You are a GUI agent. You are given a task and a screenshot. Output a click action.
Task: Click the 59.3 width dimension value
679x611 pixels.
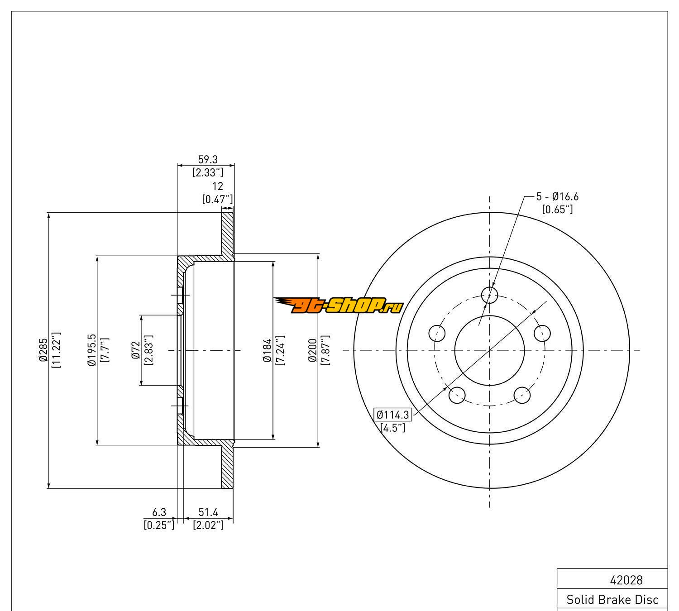[208, 159]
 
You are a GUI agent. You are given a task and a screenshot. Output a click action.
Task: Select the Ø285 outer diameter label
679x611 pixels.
[43, 349]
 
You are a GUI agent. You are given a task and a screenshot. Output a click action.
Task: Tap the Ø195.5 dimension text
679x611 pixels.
[92, 350]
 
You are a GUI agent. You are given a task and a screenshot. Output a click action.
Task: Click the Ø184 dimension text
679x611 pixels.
[268, 350]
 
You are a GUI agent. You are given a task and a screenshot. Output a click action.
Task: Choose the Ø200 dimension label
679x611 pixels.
[312, 350]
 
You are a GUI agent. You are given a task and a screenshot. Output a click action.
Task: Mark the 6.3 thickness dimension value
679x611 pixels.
[159, 512]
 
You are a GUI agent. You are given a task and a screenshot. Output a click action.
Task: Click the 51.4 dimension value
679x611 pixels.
[208, 512]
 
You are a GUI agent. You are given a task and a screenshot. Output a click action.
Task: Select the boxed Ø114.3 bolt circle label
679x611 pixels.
[392, 414]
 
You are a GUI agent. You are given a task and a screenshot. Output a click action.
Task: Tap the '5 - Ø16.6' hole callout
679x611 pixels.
[557, 196]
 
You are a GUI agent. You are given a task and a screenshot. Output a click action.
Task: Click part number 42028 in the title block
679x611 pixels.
[626, 580]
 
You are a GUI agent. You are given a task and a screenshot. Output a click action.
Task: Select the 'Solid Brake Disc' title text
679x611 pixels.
[612, 600]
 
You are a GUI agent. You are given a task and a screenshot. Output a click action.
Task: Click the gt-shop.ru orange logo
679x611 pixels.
[339, 306]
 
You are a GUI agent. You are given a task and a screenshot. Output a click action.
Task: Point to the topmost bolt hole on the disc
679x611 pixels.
[489, 295]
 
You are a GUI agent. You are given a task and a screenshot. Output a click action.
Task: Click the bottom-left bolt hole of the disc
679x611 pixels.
[457, 395]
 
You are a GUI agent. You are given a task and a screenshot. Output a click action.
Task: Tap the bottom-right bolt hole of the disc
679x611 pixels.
[522, 395]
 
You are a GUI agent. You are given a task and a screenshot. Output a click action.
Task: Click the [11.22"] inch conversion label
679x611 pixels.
[57, 349]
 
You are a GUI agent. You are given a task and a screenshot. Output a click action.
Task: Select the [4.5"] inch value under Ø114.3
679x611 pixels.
[392, 427]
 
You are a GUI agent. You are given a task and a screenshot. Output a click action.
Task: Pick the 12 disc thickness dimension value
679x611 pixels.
[218, 186]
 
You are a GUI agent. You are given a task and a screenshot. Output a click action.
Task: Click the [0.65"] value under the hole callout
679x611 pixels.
[557, 209]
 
